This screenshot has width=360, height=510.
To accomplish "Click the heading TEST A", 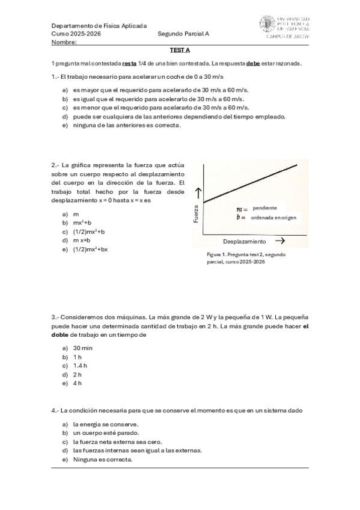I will click(180, 51).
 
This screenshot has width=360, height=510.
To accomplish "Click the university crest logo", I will click(267, 24).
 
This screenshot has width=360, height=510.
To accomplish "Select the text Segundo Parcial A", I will click(183, 34).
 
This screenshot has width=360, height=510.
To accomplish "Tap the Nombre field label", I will click(64, 43).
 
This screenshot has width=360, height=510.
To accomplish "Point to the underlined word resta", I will click(129, 64).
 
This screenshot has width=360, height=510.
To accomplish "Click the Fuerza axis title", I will click(195, 214).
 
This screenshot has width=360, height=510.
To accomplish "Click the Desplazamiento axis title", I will click(244, 241).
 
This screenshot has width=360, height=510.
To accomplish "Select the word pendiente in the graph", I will click(264, 207).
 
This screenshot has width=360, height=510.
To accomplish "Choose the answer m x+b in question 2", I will click(82, 240).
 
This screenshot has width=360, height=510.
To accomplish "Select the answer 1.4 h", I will click(80, 365).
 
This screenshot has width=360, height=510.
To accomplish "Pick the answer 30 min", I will click(82, 348).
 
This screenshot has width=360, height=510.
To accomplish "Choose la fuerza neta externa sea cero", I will click(117, 441).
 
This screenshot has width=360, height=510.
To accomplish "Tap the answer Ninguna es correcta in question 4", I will click(102, 459).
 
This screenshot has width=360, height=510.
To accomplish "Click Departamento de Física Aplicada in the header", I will click(99, 26).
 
